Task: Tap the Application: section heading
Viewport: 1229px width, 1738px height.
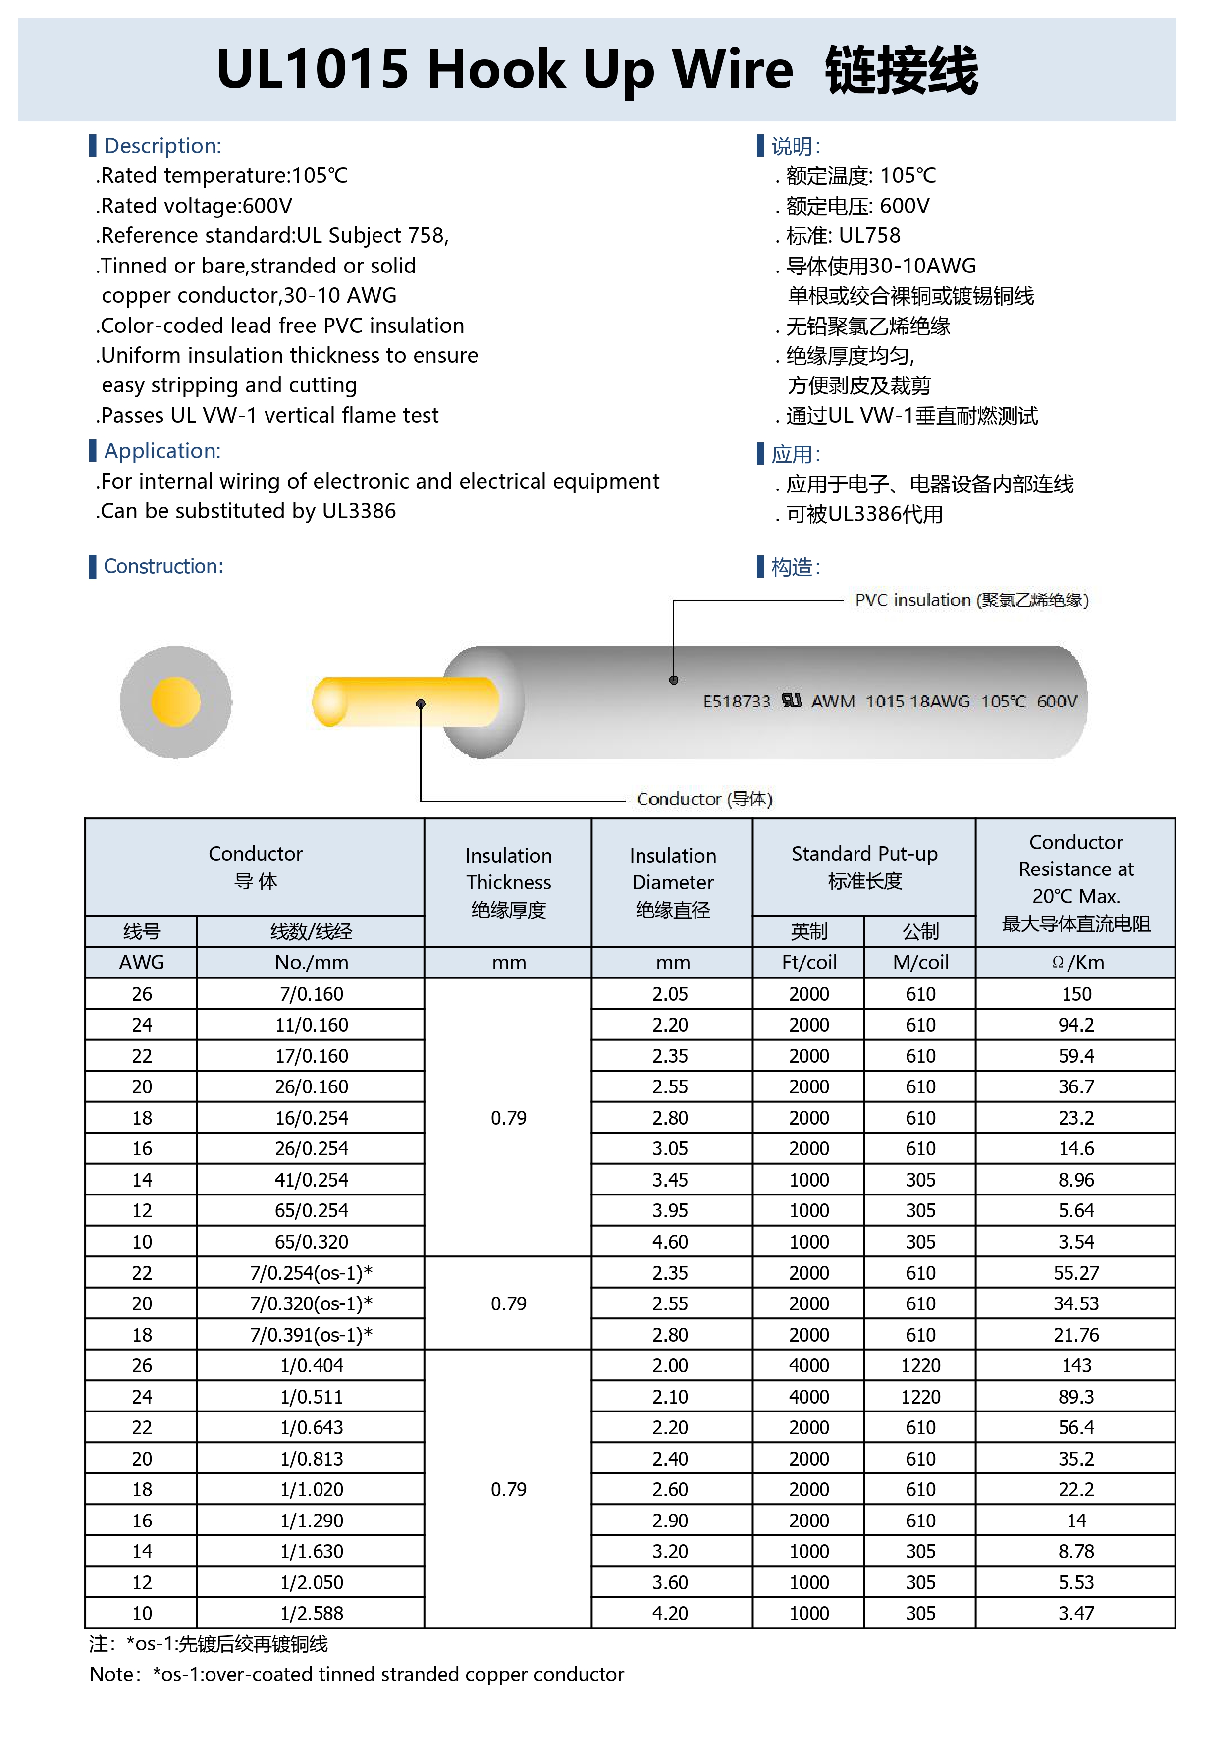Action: (162, 451)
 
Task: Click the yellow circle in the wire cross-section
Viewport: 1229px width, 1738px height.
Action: (175, 702)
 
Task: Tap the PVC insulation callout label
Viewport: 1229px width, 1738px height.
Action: (971, 600)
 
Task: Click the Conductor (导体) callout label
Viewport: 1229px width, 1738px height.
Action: (704, 799)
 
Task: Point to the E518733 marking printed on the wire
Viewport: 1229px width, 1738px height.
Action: (736, 702)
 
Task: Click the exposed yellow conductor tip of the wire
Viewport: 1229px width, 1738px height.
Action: (331, 702)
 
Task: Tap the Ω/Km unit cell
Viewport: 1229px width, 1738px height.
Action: (1076, 962)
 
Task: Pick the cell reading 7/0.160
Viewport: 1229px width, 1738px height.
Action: (311, 994)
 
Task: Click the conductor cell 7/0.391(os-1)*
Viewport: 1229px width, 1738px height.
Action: (311, 1335)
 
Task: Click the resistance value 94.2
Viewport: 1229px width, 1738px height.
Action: (1075, 1025)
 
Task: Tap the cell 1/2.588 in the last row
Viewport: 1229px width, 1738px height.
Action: (311, 1613)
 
